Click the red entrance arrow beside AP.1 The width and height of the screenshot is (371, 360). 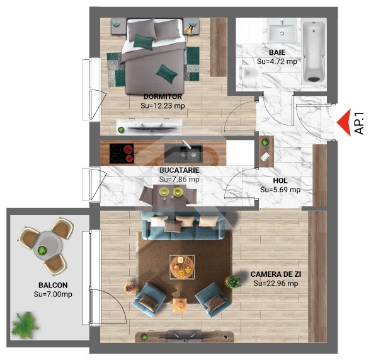tap(343, 122)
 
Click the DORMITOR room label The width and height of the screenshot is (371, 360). tap(162, 96)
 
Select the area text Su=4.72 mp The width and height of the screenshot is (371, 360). tap(277, 62)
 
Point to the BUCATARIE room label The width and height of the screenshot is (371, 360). tap(179, 170)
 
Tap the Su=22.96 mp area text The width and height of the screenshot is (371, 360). tap(275, 284)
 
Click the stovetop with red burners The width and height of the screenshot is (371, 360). tap(122, 153)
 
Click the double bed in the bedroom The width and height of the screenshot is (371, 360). tap(154, 54)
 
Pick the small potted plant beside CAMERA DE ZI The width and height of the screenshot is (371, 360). tap(236, 282)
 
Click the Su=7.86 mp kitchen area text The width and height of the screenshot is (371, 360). tap(179, 179)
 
